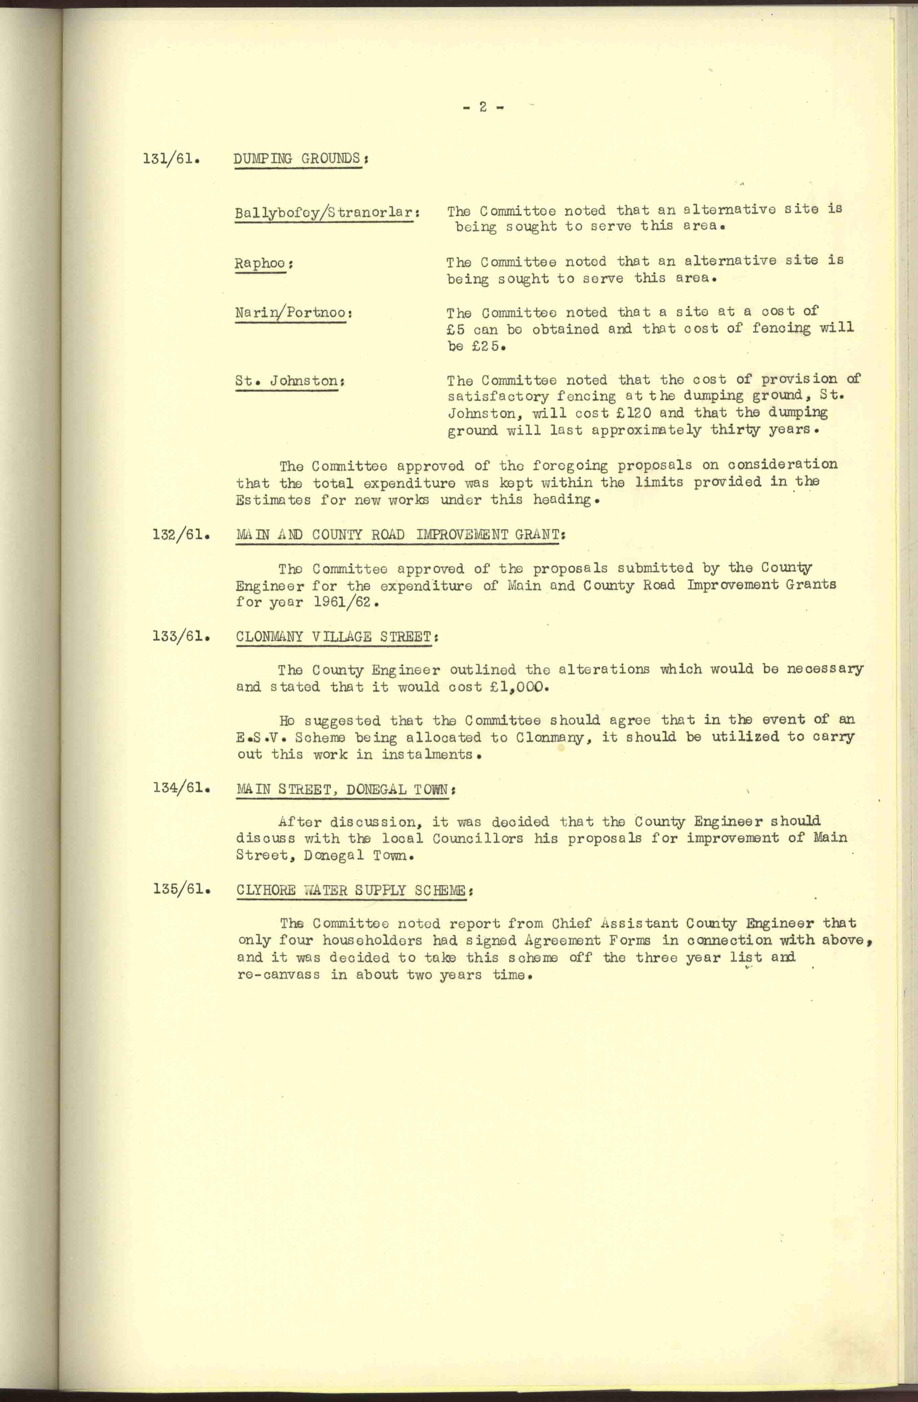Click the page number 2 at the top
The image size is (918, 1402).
click(483, 107)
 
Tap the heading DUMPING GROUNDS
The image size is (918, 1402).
click(297, 159)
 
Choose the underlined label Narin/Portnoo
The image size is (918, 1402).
click(292, 313)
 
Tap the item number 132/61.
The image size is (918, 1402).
click(182, 535)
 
